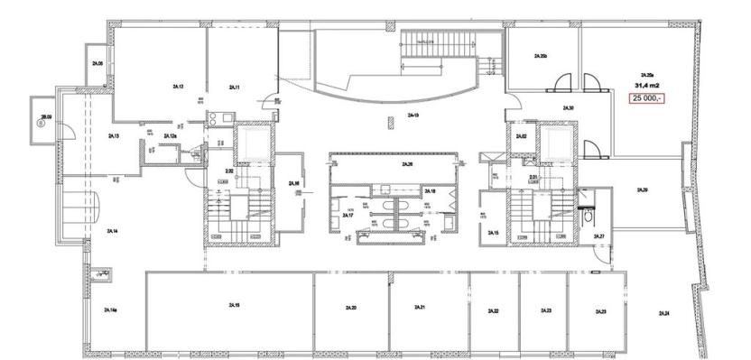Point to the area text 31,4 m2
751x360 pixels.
click(646, 85)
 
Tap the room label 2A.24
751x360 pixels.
click(663, 311)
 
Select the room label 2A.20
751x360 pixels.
click(350, 309)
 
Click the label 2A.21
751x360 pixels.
click(420, 308)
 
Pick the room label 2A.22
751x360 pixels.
click(494, 310)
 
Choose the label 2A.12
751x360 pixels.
click(178, 87)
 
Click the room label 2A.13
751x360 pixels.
click(114, 136)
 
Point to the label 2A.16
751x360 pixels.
click(293, 183)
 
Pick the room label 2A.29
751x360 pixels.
click(642, 190)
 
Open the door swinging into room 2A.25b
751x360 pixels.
click(561, 84)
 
